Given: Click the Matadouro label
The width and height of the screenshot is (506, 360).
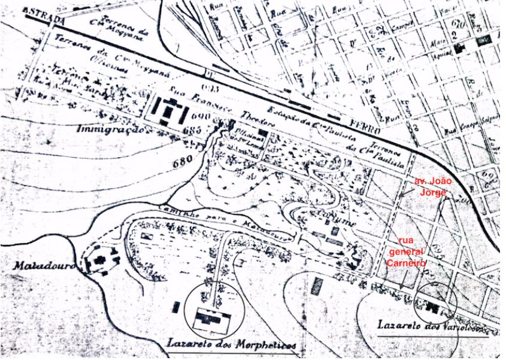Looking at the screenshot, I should click(x=39, y=266).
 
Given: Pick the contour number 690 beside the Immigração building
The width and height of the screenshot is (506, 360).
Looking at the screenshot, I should click(x=202, y=116).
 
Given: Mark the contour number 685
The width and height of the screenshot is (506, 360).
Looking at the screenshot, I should click(x=192, y=130).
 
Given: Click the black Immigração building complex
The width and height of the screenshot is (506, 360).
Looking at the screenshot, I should click(x=170, y=112).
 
